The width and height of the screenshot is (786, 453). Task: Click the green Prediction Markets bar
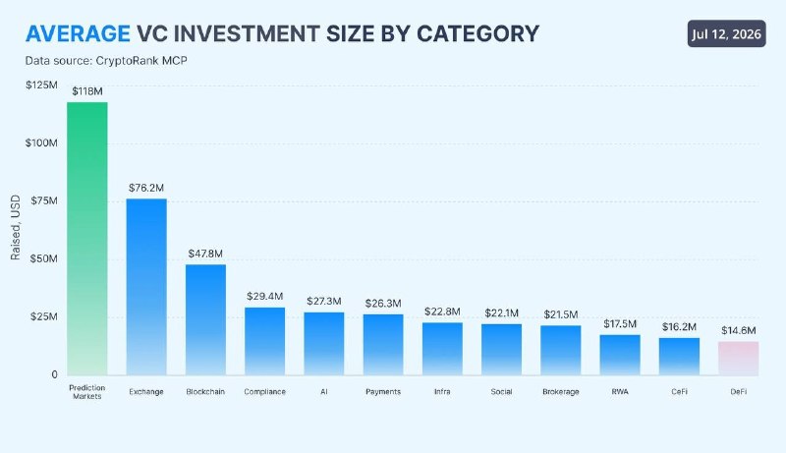tap(87, 239)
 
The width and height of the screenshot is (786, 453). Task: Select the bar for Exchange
tap(146, 287)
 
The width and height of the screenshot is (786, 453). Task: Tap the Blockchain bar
tap(205, 319)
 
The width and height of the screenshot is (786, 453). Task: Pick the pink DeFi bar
tap(739, 359)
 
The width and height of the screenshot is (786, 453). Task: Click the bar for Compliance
tap(264, 341)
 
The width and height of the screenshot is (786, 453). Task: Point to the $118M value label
tap(87, 91)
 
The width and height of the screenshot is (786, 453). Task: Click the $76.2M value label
tap(146, 188)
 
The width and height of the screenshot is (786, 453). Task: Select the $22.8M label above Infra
tap(442, 311)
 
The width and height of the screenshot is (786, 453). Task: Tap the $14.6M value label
tap(739, 331)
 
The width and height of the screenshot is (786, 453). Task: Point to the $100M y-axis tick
tap(41, 143)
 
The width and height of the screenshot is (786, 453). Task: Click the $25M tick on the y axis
tap(44, 316)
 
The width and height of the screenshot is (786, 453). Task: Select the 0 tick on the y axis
tap(55, 374)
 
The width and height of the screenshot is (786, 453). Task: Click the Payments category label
tap(383, 392)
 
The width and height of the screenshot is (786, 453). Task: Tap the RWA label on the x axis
tap(620, 392)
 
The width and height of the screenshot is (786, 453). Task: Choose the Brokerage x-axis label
tap(561, 392)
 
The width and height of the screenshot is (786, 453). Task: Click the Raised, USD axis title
tap(16, 228)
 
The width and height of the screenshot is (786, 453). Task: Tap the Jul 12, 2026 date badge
tap(726, 33)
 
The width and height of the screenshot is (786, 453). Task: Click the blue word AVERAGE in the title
tap(78, 34)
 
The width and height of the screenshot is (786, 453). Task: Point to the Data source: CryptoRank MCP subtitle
tap(106, 61)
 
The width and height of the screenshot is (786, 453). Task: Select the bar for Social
tap(501, 350)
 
